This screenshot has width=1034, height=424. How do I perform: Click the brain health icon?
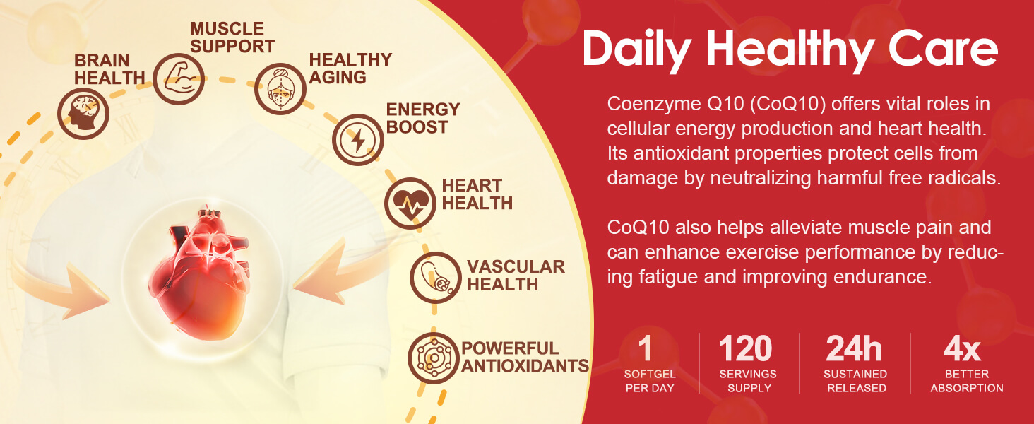83,114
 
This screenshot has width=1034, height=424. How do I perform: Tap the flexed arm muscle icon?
179,79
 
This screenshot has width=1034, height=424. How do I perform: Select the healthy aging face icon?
280,88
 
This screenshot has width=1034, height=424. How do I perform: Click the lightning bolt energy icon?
358,140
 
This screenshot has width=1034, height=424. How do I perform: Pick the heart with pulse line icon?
410,204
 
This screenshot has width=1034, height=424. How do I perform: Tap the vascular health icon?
436,278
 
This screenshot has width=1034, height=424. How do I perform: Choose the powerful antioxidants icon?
434,358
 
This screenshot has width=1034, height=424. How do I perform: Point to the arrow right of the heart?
342,273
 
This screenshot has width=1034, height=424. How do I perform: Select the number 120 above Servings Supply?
745,348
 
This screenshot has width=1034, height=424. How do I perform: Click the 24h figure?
854,348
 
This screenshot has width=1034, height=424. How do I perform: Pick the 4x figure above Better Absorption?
963,349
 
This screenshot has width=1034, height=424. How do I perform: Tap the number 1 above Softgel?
646,348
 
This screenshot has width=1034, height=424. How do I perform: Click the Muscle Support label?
232,37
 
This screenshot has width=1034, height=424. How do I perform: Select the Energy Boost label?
423,118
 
